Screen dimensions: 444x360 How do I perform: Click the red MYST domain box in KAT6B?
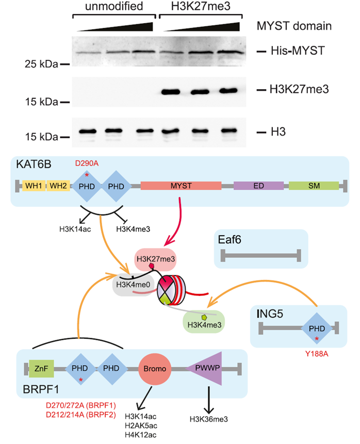181,186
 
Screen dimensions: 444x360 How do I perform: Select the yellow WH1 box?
34,186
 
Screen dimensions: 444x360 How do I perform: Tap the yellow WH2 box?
58,186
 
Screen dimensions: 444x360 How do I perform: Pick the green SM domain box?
313,186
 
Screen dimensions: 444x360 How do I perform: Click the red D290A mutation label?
86,163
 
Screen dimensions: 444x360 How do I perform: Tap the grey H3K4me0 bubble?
132,285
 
